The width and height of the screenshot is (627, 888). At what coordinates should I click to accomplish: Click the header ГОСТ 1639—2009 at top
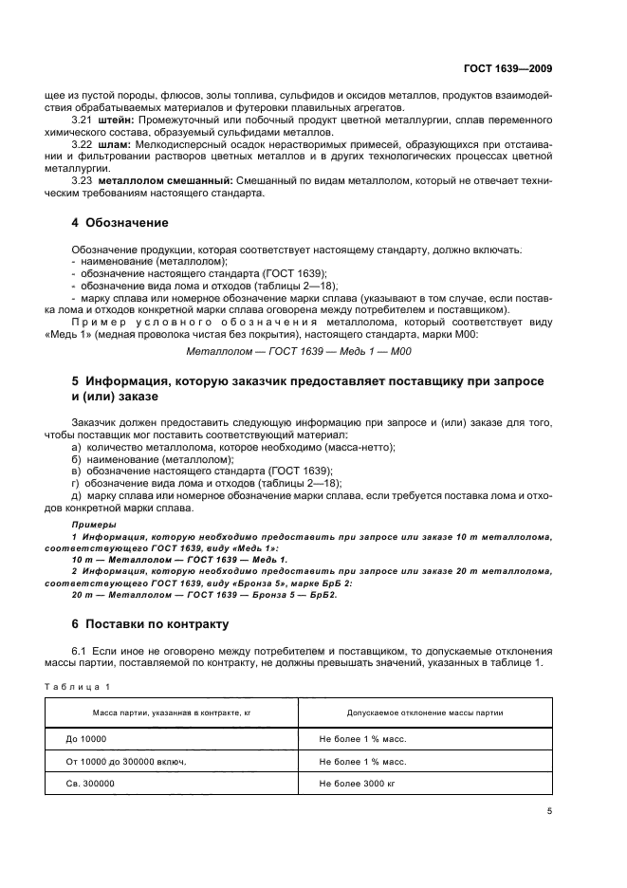click(x=507, y=68)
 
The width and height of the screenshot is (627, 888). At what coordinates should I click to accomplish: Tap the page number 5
click(x=549, y=811)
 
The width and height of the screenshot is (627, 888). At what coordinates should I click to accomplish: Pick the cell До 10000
click(x=86, y=737)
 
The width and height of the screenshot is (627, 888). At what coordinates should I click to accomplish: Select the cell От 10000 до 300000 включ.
click(x=126, y=761)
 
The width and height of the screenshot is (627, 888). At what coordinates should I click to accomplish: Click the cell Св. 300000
click(x=90, y=785)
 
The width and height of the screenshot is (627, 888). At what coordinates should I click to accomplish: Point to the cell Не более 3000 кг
click(x=361, y=785)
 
